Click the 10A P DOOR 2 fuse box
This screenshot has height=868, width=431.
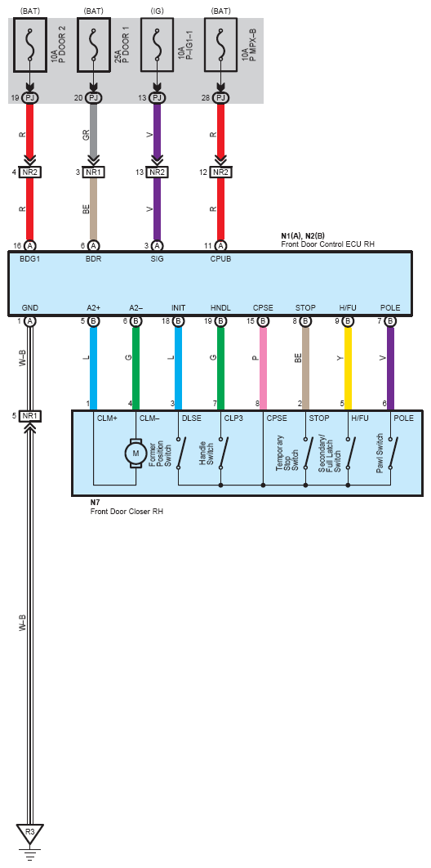click(30, 45)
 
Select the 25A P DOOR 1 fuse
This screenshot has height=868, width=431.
click(93, 45)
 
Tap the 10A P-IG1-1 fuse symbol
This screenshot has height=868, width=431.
click(158, 45)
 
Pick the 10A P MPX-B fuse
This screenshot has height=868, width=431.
click(221, 45)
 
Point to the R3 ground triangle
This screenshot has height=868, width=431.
click(30, 833)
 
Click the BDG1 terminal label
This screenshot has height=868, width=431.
click(30, 258)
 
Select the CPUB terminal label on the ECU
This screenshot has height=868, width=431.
click(221, 258)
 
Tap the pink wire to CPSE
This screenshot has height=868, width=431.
click(263, 368)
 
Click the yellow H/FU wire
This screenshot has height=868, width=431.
click(348, 368)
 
